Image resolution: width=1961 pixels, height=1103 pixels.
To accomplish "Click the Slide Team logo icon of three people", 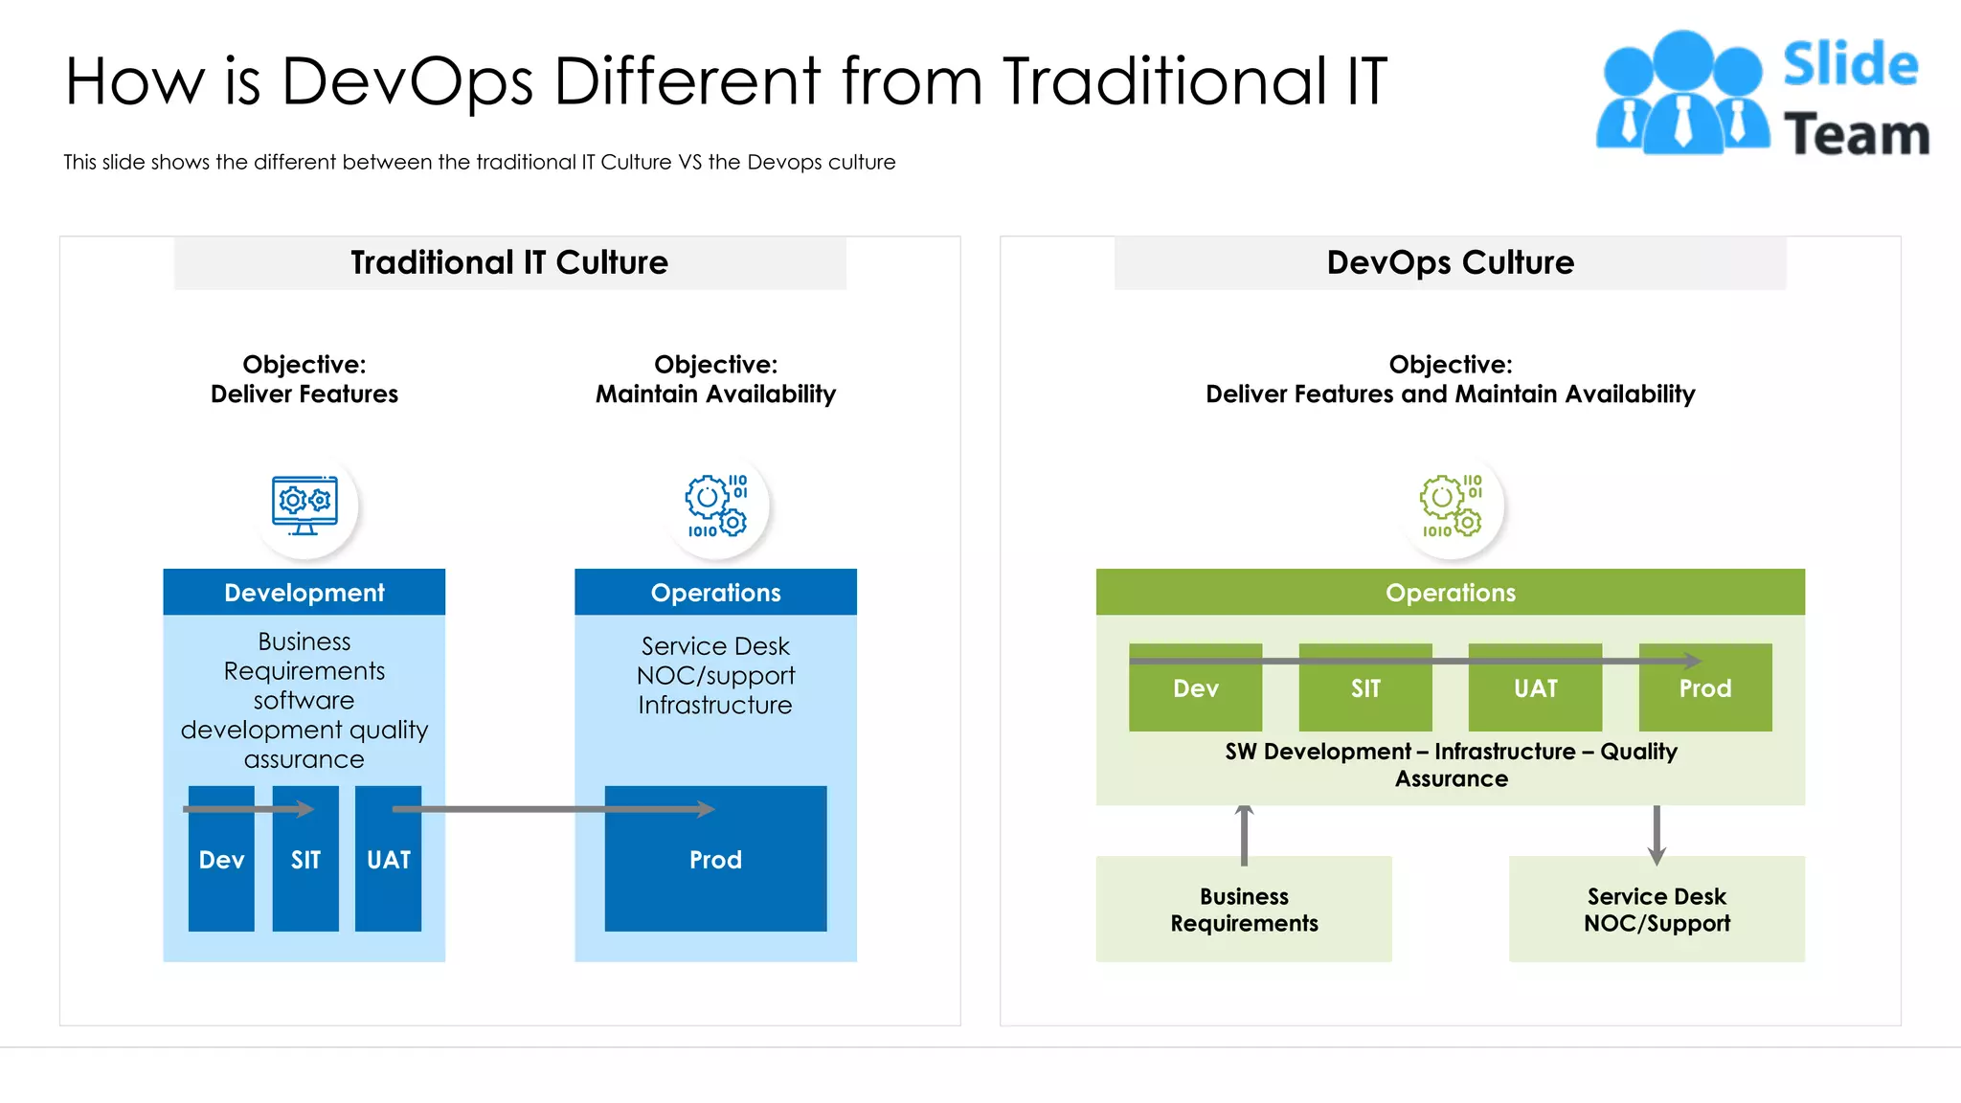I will click(x=1682, y=93).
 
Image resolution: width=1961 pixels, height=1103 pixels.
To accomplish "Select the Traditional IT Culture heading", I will click(x=509, y=262).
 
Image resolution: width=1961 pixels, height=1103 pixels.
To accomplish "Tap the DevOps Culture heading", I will click(x=1450, y=262).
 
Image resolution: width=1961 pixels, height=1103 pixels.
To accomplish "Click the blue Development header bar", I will click(x=304, y=593).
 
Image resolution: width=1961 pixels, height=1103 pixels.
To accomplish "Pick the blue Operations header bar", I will click(x=715, y=593).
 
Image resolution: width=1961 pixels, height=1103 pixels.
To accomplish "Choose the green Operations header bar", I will click(x=1450, y=593).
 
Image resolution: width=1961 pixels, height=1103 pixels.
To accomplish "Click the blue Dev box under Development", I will click(x=221, y=871).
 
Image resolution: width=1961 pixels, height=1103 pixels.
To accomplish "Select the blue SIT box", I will click(x=305, y=871).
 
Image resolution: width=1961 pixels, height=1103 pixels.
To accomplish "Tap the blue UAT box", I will click(x=388, y=871).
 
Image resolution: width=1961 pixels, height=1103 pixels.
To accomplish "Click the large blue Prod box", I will click(x=715, y=871).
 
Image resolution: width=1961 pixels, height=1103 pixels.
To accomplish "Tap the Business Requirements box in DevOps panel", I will click(x=1244, y=909).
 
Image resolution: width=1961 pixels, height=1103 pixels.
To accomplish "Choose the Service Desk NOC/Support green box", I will click(x=1657, y=909).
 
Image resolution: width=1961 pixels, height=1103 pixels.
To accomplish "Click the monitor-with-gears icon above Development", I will click(x=304, y=505).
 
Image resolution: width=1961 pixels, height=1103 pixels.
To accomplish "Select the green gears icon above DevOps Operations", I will click(x=1451, y=505).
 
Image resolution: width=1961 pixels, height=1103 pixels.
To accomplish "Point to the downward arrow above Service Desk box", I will click(x=1657, y=834).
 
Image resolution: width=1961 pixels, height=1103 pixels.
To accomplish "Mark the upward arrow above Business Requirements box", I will click(x=1244, y=834).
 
